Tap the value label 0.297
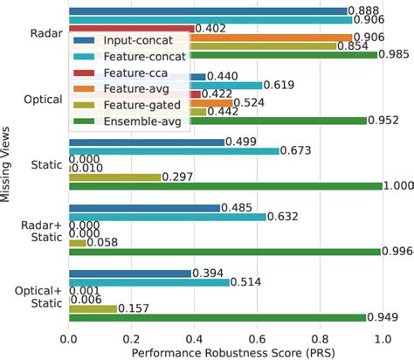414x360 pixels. (x=177, y=176)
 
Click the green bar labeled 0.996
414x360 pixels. (x=224, y=252)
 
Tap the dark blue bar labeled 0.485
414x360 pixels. (x=144, y=207)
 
